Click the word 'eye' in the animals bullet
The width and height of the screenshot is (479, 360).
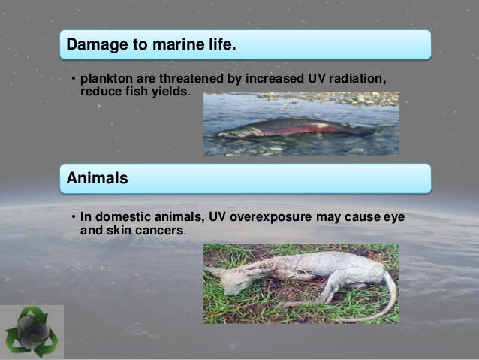(393, 218)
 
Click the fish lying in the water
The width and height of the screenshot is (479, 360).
(297, 128)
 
